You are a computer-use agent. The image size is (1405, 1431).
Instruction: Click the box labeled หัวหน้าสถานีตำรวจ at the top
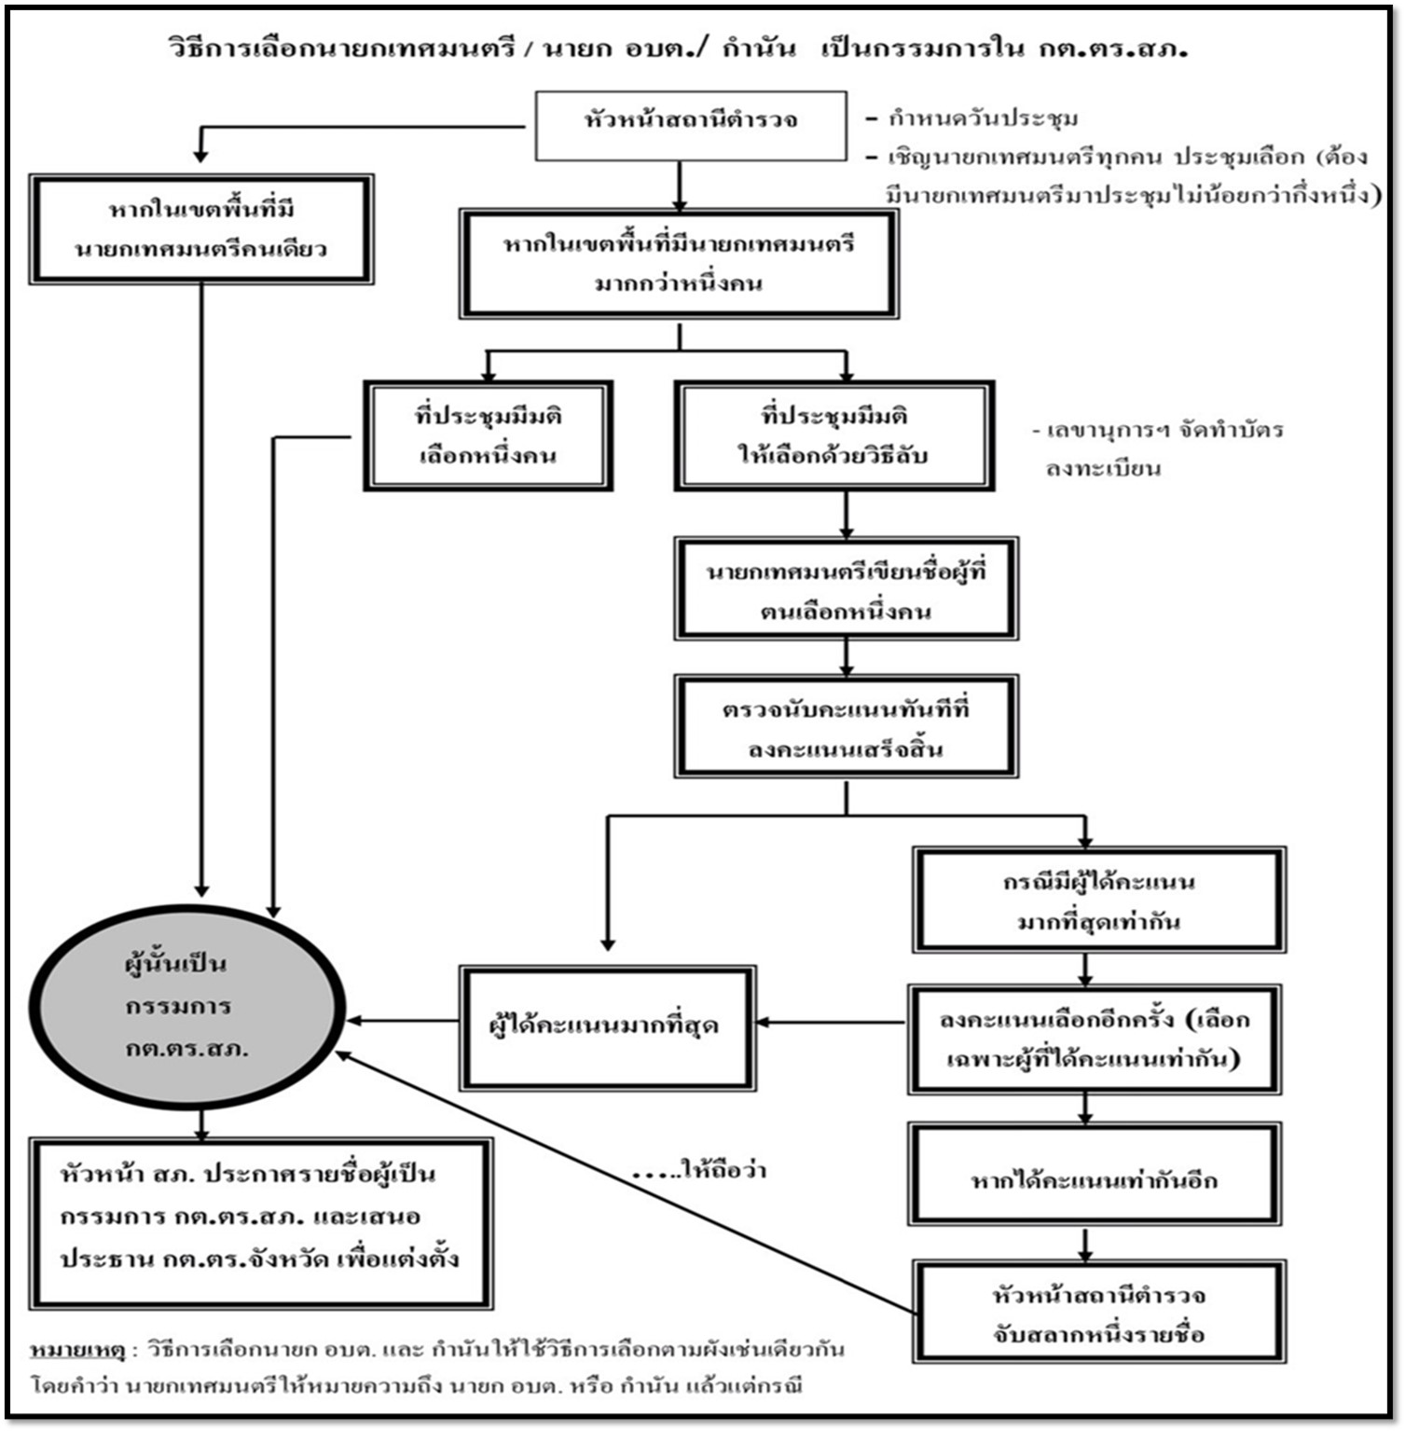691,125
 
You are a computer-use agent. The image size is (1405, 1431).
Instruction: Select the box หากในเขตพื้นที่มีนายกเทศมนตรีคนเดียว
201,228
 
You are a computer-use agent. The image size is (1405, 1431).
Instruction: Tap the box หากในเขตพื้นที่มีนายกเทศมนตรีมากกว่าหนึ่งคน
679,264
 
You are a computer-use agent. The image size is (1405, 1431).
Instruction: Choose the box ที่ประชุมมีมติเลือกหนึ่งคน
488,435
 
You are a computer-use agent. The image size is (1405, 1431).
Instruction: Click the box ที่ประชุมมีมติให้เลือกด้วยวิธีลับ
834,435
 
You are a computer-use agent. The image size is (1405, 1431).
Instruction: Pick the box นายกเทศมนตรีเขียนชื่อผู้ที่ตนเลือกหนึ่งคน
846,589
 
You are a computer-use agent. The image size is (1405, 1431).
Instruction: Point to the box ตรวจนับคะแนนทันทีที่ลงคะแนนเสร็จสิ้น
846,727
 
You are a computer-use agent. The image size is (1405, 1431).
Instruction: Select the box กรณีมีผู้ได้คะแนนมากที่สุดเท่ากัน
1099,900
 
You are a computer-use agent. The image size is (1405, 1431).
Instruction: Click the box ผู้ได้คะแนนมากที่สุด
607,1026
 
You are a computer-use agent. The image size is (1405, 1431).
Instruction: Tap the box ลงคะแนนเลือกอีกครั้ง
1095,1039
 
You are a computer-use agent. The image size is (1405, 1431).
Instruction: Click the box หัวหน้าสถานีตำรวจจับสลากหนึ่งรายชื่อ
1099,1313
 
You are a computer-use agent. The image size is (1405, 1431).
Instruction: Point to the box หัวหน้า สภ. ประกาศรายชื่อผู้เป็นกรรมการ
260,1222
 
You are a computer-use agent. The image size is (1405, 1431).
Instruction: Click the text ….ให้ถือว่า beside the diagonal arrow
699,1170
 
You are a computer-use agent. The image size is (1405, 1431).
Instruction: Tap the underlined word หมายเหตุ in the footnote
77,1350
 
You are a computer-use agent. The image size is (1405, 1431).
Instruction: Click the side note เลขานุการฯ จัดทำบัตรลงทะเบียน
1161,448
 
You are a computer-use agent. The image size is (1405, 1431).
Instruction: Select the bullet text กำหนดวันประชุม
983,118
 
